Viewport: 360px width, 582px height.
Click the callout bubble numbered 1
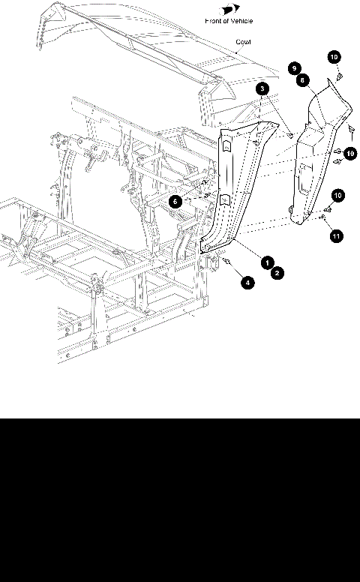[266, 262]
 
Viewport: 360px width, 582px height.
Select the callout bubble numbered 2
[277, 273]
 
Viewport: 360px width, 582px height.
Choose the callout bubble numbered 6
[174, 200]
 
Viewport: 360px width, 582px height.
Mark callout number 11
[336, 236]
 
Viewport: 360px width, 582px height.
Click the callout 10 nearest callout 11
[337, 195]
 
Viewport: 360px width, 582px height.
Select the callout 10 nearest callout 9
[333, 56]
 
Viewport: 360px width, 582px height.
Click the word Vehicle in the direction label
[241, 21]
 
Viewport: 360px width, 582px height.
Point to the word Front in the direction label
[214, 21]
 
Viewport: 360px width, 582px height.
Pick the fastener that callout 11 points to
[322, 217]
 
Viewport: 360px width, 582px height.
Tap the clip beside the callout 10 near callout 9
[337, 76]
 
